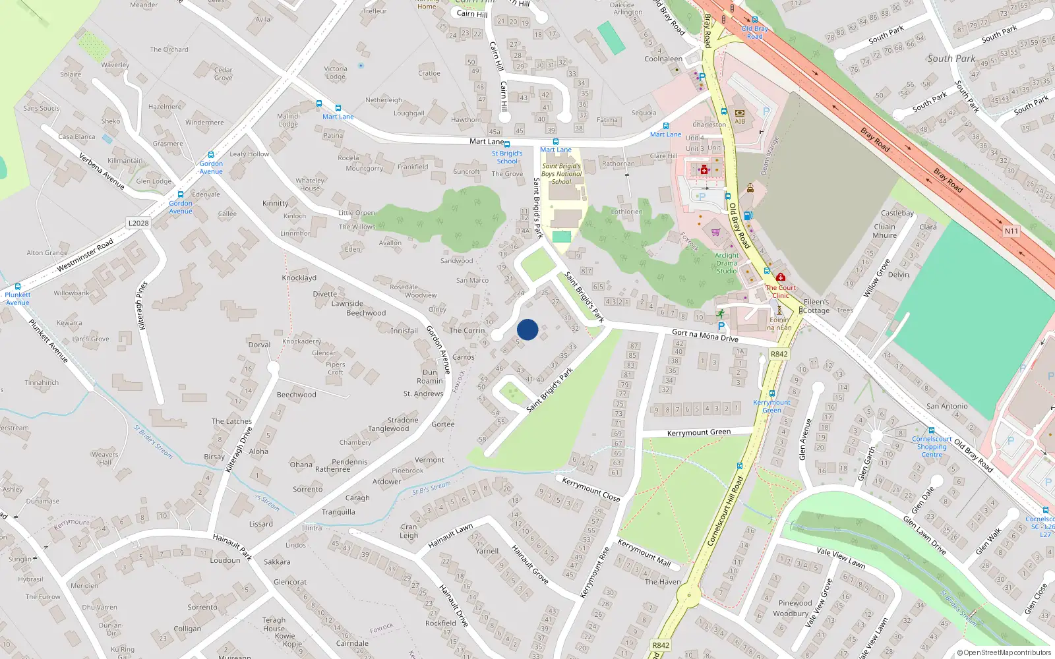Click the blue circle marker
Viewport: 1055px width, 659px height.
point(527,329)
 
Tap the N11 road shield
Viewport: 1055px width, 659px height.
point(1011,231)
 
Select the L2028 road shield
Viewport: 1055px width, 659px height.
point(138,223)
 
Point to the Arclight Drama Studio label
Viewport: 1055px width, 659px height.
point(727,263)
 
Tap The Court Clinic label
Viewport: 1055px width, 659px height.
point(781,291)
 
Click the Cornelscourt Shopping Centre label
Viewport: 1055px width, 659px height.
point(932,447)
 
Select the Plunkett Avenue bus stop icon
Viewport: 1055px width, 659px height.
point(18,287)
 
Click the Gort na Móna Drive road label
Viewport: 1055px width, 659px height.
point(705,335)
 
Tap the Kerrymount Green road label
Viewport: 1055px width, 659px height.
point(699,433)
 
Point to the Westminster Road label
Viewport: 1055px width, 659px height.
point(85,255)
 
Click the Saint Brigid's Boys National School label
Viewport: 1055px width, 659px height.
point(562,174)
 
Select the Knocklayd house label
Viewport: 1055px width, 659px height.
point(299,278)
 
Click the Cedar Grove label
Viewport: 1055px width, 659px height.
point(223,74)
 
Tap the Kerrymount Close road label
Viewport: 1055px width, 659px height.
point(591,490)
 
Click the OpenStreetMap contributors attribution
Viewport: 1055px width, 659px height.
point(1004,652)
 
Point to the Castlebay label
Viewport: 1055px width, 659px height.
point(897,213)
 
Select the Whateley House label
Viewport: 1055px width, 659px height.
point(310,185)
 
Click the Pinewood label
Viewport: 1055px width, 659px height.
point(795,603)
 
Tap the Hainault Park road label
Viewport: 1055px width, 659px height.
point(232,546)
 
